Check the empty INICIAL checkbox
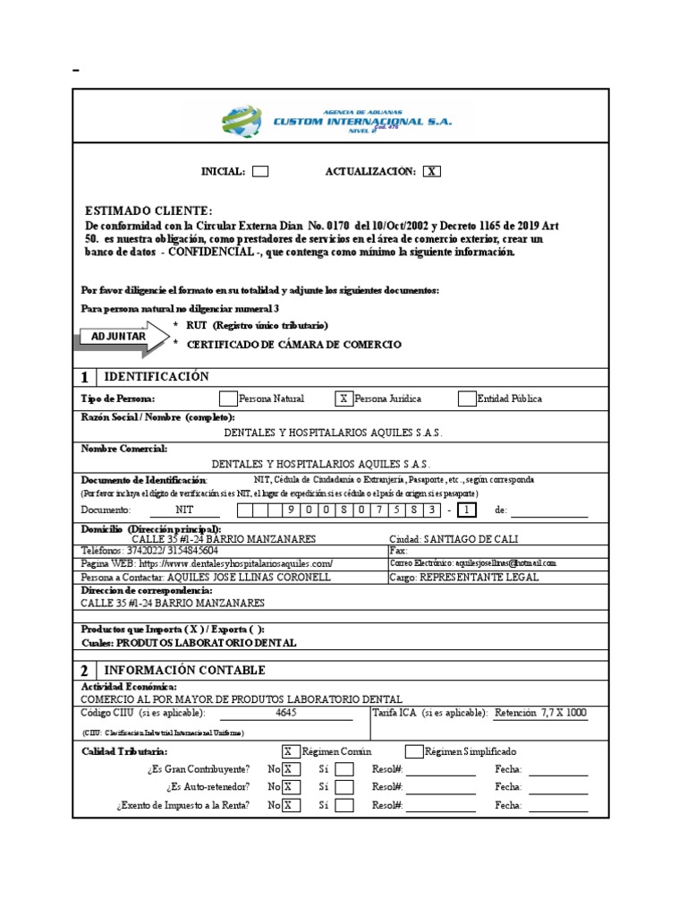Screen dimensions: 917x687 pyautogui.click(x=260, y=172)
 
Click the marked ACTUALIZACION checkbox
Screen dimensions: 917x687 pyautogui.click(x=432, y=172)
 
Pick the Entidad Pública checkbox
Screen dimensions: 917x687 pyautogui.click(x=466, y=399)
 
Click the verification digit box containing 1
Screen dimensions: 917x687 pyautogui.click(x=466, y=510)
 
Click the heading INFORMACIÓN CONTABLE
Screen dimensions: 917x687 pyautogui.click(x=185, y=671)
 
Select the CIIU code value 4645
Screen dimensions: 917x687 pyautogui.click(x=286, y=713)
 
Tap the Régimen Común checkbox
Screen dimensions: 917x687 pyautogui.click(x=291, y=752)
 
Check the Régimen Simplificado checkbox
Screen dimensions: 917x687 pyautogui.click(x=414, y=752)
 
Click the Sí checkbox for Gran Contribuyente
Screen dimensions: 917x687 pyautogui.click(x=344, y=769)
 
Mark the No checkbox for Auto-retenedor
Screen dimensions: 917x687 pyautogui.click(x=291, y=787)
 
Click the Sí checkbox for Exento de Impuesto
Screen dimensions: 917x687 pyautogui.click(x=344, y=805)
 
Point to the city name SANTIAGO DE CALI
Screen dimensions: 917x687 pyautogui.click(x=468, y=539)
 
